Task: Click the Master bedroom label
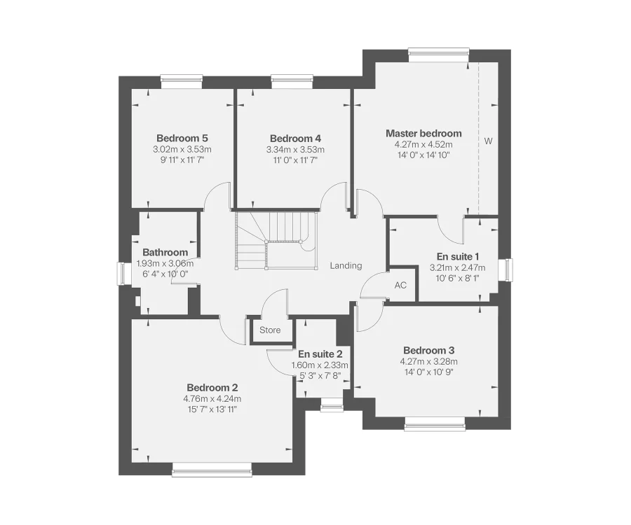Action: point(423,133)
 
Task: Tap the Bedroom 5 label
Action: point(182,138)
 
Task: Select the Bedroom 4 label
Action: point(295,138)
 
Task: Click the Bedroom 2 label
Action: point(212,387)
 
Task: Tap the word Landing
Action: point(346,265)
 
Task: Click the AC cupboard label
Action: point(400,285)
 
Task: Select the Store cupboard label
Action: point(270,330)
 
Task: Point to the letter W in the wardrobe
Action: point(488,141)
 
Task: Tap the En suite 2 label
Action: point(320,354)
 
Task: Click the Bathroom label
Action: point(165,252)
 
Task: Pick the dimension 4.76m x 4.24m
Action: point(212,398)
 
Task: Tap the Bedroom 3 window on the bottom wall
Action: point(434,423)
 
